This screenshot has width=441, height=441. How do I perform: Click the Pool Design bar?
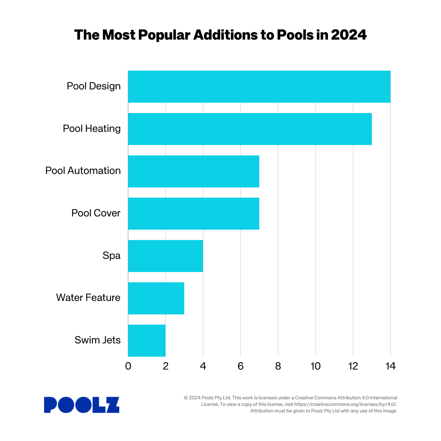point(259,87)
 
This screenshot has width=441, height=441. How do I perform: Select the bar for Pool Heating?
point(249,129)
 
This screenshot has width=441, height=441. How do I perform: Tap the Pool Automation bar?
point(193,171)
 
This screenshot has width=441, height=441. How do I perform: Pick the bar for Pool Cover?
point(193,214)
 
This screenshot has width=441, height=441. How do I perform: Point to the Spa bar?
point(165,256)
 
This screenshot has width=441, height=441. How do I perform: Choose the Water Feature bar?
point(156,298)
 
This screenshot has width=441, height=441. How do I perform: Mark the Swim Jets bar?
point(146,341)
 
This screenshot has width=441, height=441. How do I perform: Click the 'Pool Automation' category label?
point(83,171)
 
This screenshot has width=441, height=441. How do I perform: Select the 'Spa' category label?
point(111,256)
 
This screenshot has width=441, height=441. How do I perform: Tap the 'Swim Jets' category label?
point(98,340)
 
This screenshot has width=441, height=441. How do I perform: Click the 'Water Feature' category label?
point(88,298)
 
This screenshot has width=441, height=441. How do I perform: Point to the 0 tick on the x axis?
point(128,366)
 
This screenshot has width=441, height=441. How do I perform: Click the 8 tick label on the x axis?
point(278,366)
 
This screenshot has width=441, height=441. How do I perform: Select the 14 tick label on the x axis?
point(390,366)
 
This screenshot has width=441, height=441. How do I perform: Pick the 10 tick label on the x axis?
point(315,366)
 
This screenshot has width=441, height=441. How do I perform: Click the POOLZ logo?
point(82,405)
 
